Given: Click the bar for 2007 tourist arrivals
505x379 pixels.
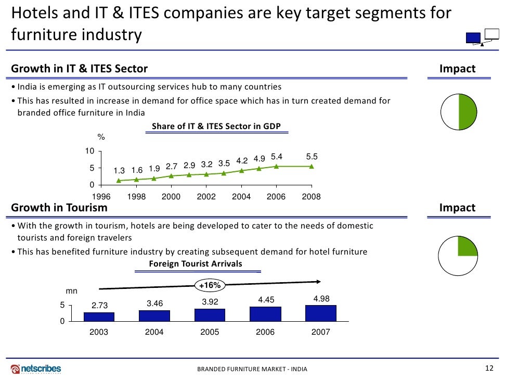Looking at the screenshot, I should [x=320, y=313].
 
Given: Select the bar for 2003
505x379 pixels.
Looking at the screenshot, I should [x=99, y=317].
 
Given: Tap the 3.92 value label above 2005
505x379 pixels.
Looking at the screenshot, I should [x=210, y=302].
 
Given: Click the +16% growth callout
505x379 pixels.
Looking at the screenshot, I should [x=210, y=285].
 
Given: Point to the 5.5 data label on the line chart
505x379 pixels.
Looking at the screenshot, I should [x=312, y=156].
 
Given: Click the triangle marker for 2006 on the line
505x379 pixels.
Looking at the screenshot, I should [x=276, y=166].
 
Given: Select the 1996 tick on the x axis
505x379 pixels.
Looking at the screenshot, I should [x=101, y=197].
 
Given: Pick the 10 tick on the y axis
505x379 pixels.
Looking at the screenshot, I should [x=90, y=151].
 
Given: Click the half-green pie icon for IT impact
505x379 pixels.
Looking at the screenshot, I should [x=458, y=112].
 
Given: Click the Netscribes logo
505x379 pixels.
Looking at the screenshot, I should [x=36, y=369].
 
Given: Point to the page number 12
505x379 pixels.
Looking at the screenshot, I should [x=488, y=368].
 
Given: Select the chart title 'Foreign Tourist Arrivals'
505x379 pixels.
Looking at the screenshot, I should [x=196, y=264].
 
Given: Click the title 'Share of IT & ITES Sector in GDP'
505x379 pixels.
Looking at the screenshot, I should [x=216, y=127].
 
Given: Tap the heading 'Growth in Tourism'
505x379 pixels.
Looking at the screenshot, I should [x=59, y=208].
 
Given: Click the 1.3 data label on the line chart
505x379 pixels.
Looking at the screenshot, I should [x=119, y=170].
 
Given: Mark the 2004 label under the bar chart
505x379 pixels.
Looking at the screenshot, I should [x=154, y=332].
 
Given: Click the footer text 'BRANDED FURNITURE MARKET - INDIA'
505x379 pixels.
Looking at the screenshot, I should [x=252, y=369].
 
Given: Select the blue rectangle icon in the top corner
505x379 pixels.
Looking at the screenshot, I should [x=473, y=37].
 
